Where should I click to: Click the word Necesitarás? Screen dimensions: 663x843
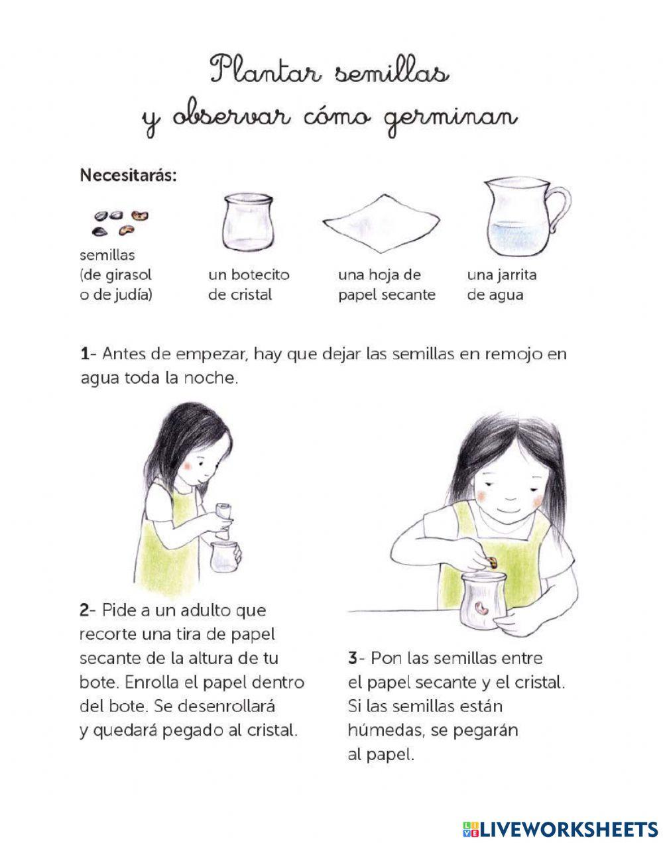pyautogui.click(x=128, y=175)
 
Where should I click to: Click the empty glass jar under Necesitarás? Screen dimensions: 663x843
pyautogui.click(x=248, y=222)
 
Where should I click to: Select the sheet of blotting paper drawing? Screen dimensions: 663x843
pyautogui.click(x=381, y=223)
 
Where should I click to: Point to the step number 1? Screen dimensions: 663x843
pyautogui.click(x=85, y=354)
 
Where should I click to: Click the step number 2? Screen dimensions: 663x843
pyautogui.click(x=85, y=610)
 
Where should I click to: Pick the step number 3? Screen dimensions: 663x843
pyautogui.click(x=353, y=658)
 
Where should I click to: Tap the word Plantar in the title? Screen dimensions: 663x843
pyautogui.click(x=266, y=70)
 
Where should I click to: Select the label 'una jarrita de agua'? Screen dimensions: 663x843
pyautogui.click(x=502, y=285)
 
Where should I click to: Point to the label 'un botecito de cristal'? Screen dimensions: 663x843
pyautogui.click(x=249, y=285)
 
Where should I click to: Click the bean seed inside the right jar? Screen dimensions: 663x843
pyautogui.click(x=481, y=608)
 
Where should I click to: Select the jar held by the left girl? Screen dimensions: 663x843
pyautogui.click(x=223, y=556)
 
